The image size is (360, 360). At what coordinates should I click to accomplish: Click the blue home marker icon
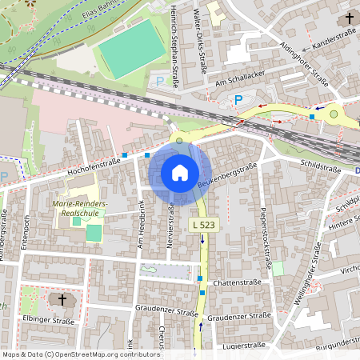pyautogui.click(x=180, y=173)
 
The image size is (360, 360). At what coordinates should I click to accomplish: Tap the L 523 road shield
pyautogui.click(x=203, y=226)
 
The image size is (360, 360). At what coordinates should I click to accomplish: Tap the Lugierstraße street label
pyautogui.click(x=245, y=346)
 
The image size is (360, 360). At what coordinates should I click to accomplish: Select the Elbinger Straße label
pyautogui.click(x=50, y=319)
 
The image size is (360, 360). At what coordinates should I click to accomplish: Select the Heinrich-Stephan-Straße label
pyautogui.click(x=174, y=40)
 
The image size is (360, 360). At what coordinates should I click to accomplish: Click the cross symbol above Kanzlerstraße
pyautogui.click(x=350, y=18)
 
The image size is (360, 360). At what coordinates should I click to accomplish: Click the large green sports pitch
pyautogui.click(x=128, y=49)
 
